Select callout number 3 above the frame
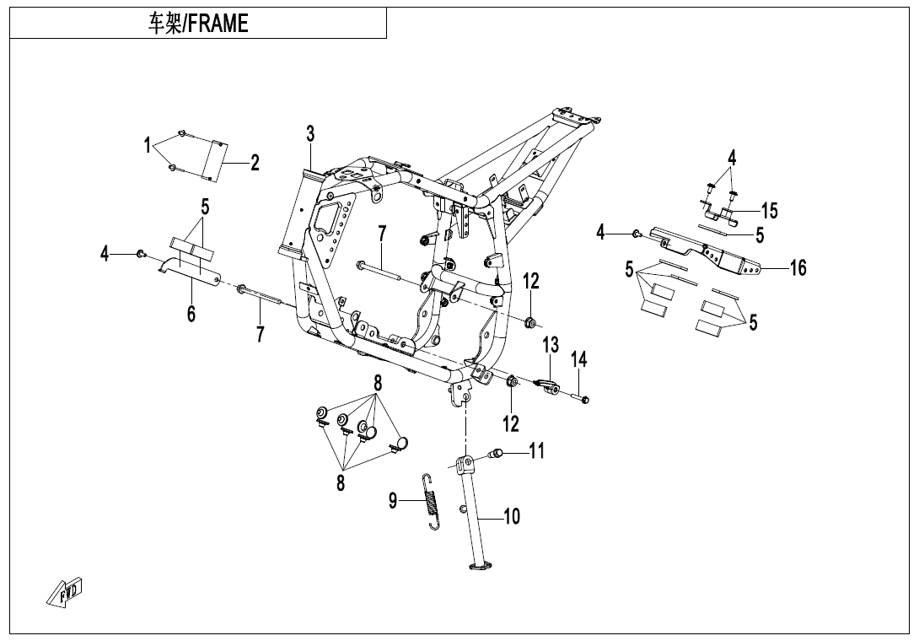310,133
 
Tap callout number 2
255,164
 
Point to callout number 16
798,268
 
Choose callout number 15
769,210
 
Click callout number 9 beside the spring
393,501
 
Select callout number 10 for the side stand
512,515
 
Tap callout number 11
536,450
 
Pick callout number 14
578,359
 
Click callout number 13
550,345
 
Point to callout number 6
191,314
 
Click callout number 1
148,145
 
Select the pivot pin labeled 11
497,455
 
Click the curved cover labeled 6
190,272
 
